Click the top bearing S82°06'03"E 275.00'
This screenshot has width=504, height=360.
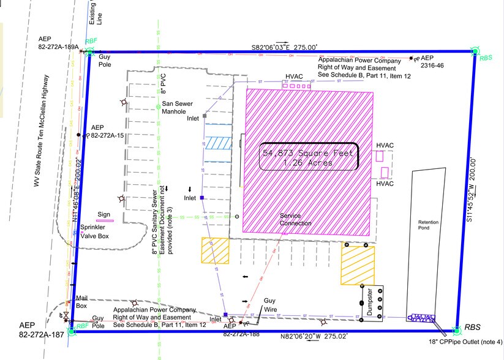pyautogui.click(x=284, y=47)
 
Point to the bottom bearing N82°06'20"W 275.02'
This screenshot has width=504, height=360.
pyautogui.click(x=313, y=337)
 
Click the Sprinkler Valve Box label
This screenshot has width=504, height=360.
pyautogui.click(x=94, y=231)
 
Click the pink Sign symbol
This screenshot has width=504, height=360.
pyautogui.click(x=105, y=220)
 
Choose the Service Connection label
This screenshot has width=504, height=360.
pyautogui.click(x=295, y=219)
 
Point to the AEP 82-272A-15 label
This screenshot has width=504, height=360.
pyautogui.click(x=107, y=132)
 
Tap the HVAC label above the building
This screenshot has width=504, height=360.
pyautogui.click(x=295, y=78)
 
